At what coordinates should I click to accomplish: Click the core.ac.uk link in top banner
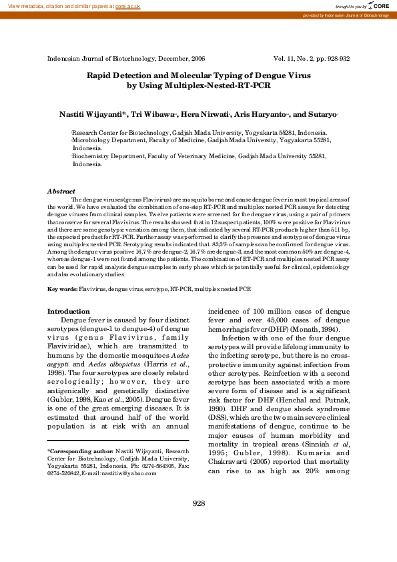pos(127,5)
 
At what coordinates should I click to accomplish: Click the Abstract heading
pos(61,191)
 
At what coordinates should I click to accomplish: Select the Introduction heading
pos(68,312)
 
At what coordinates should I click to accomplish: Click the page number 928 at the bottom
pos(198,522)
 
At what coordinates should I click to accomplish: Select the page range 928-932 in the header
pos(337,59)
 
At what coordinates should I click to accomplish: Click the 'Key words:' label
pos(62,289)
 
